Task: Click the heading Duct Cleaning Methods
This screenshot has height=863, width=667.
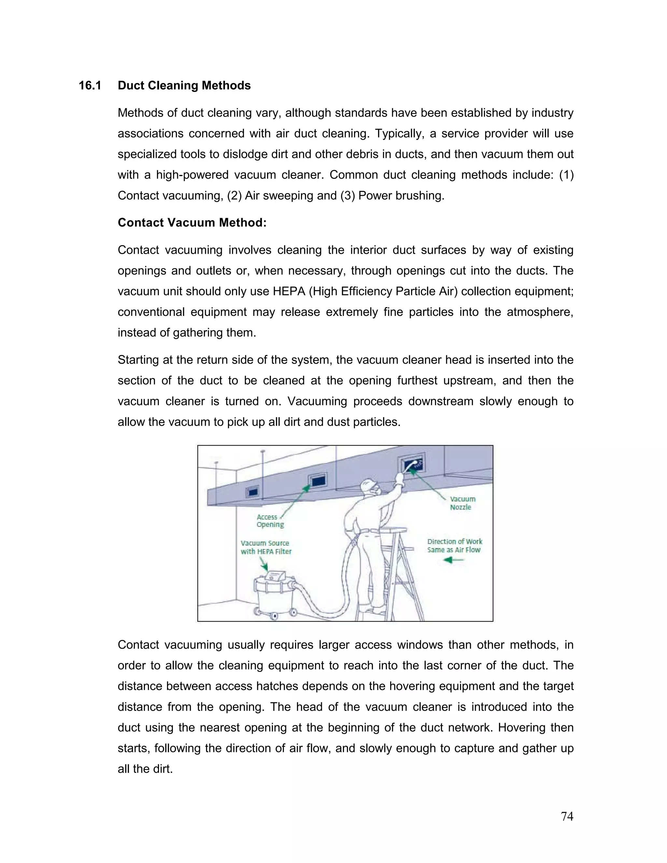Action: (x=184, y=86)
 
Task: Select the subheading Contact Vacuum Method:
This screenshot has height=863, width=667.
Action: (x=192, y=223)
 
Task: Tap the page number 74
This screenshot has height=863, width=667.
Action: (x=567, y=816)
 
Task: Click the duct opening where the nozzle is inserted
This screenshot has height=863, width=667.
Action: (x=413, y=465)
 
